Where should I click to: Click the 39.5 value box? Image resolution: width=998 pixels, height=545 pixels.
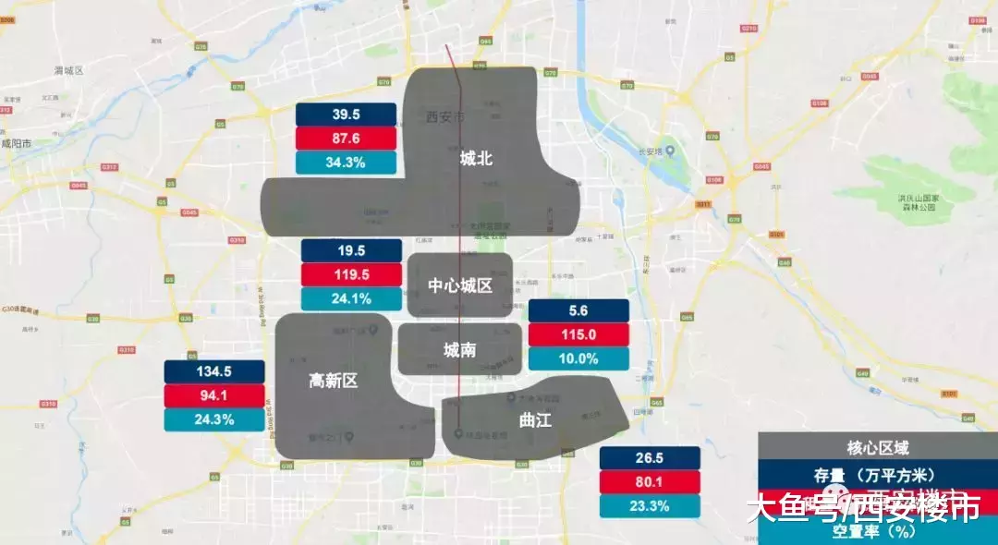point(346,115)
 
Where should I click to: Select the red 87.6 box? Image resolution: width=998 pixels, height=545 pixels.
point(346,139)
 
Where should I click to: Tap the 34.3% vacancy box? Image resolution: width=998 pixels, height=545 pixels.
point(346,163)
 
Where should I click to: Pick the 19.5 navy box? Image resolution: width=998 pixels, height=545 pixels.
point(351,250)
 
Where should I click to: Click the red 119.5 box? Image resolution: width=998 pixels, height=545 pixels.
point(351,274)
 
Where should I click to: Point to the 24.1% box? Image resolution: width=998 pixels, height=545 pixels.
point(351,299)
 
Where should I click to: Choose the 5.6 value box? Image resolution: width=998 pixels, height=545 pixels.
point(578,311)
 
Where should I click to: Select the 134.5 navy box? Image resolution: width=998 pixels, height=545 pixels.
point(214,371)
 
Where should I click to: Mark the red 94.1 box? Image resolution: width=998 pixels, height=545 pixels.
point(214,395)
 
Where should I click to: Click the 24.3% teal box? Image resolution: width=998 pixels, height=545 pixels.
point(214,419)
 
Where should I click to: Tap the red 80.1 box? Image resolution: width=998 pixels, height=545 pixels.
point(650,482)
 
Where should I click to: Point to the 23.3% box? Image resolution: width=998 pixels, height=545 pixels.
point(650,506)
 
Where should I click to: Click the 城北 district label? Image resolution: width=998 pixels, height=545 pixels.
point(476,159)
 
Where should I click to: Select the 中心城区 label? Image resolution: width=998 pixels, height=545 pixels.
point(459,285)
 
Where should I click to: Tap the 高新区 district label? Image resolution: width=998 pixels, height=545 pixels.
point(333,380)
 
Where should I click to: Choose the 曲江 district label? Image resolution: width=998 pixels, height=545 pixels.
point(535,420)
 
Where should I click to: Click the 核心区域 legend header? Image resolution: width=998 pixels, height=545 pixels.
point(877,448)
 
